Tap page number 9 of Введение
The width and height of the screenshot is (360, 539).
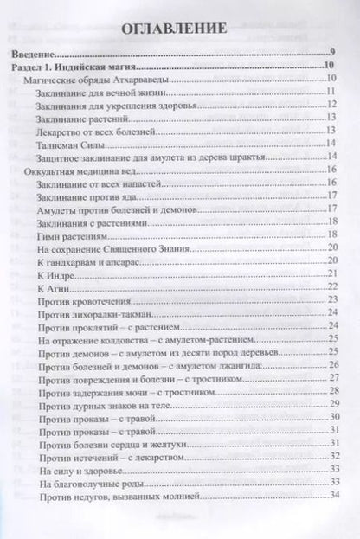click(331, 52)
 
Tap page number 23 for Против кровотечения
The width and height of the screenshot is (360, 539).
click(331, 299)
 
